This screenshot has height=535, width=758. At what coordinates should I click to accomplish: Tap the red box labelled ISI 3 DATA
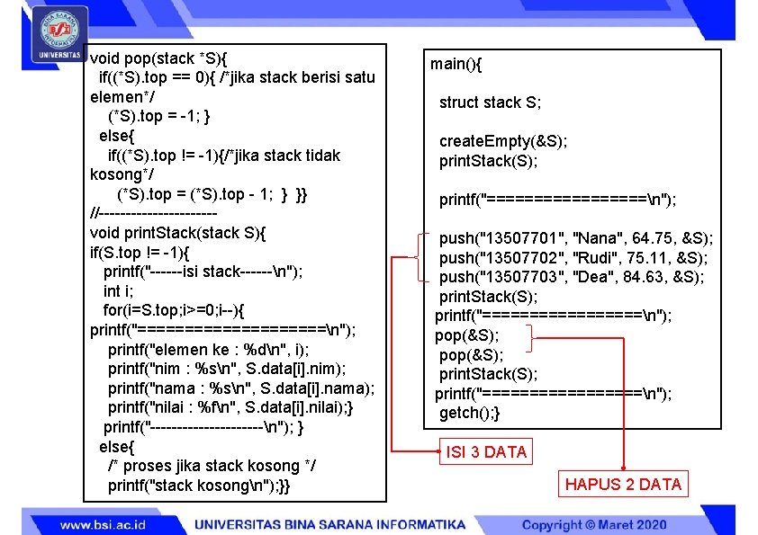pos(486,451)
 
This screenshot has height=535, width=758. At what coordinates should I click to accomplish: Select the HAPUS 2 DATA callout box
pos(623,485)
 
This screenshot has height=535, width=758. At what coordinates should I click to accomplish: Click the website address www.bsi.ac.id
pos(104,524)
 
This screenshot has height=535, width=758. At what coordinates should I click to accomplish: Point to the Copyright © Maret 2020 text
pos(594,524)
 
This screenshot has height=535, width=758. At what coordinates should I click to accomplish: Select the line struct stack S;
pos(490,103)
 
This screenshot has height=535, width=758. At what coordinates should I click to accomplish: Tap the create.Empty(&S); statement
pos(502,141)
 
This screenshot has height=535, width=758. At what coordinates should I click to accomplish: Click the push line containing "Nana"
pos(575,238)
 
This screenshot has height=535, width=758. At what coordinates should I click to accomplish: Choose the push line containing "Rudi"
pos(573,258)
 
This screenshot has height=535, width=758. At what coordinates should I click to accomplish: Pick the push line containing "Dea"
pos(572,277)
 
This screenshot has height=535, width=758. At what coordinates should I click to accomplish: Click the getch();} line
pos(469,413)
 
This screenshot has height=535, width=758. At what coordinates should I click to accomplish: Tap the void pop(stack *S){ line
pos(159,58)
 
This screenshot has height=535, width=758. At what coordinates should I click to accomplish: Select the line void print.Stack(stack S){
pos(178,233)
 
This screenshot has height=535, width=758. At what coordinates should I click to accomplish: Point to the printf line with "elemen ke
pos(208,349)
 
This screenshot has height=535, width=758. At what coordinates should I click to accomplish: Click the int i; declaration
pos(118,291)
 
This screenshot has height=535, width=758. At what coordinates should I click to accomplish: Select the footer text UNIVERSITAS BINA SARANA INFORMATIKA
pos(330,524)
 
